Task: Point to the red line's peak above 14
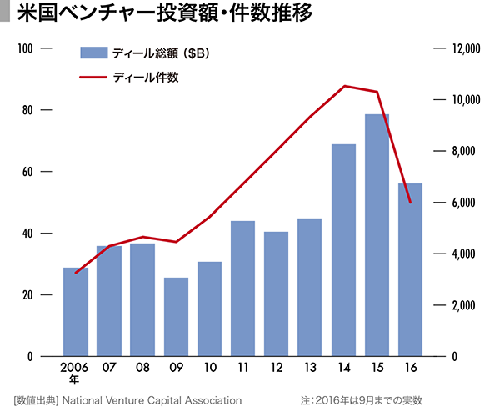tap(344, 86)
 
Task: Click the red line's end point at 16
tap(410, 202)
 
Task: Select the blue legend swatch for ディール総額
tap(93, 53)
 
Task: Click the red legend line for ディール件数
tap(93, 77)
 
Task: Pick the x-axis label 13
tap(310, 368)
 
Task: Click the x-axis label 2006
tap(75, 368)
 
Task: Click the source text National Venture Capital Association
tap(152, 401)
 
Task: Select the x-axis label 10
tap(209, 368)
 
